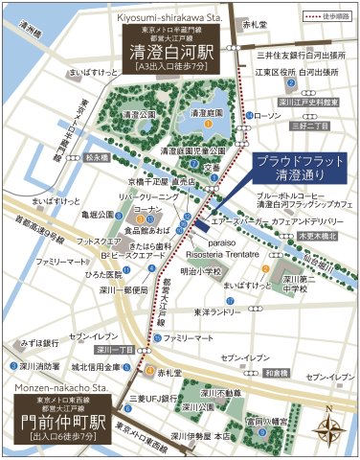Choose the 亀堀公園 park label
[x=100, y=215]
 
